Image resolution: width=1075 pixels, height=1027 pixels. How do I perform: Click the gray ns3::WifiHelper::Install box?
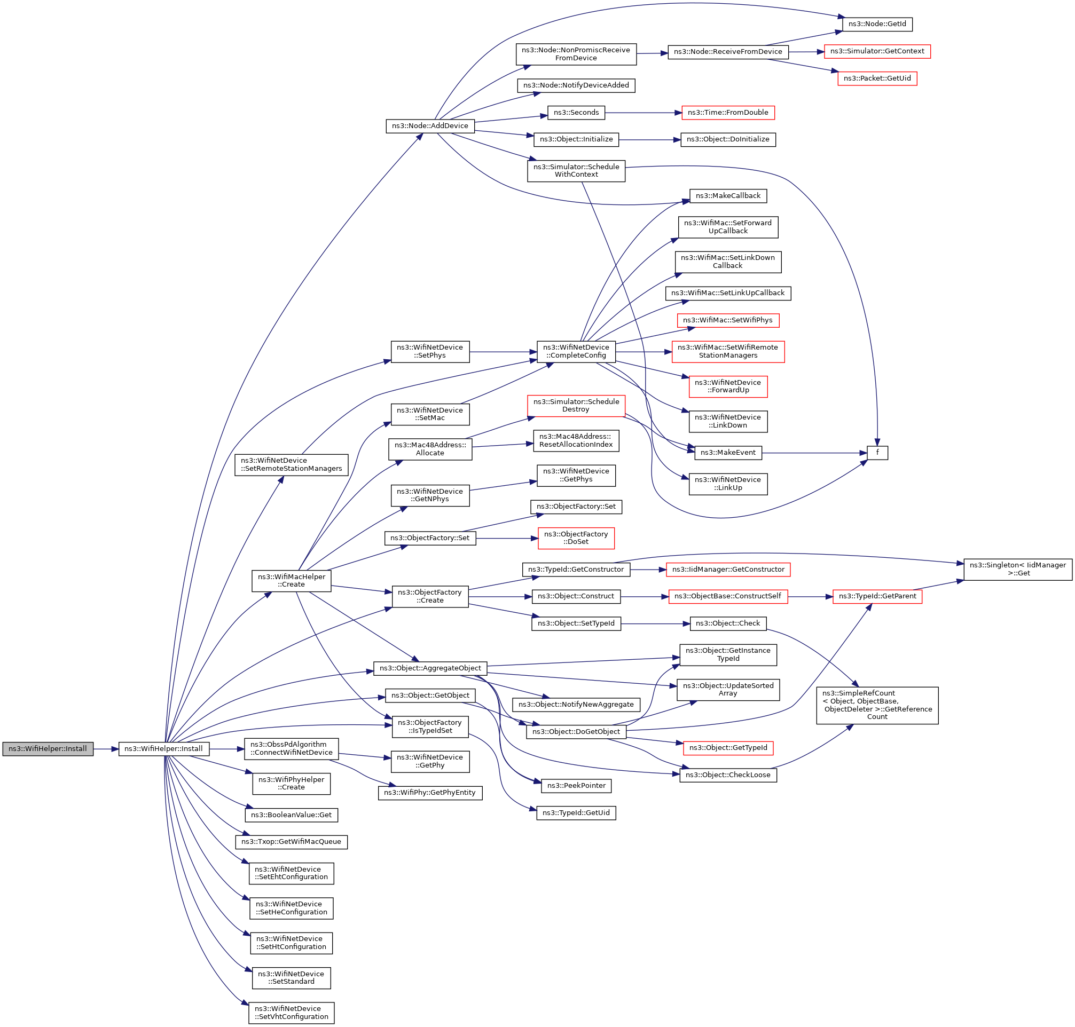[48, 749]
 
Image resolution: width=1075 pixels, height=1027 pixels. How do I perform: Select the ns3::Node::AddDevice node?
[430, 126]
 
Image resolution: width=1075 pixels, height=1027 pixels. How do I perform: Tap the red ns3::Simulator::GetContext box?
[877, 51]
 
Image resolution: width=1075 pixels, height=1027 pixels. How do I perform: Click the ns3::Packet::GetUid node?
[877, 78]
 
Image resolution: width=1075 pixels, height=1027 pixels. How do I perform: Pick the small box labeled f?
[877, 453]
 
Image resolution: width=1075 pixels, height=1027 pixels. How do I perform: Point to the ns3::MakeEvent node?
[728, 453]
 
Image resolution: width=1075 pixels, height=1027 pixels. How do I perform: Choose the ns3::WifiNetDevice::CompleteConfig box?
[576, 351]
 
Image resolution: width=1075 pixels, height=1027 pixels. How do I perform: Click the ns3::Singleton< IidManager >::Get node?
[1017, 570]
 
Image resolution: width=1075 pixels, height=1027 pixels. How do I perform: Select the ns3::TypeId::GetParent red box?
[877, 596]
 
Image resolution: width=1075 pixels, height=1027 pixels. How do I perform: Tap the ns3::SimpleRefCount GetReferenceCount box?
[877, 705]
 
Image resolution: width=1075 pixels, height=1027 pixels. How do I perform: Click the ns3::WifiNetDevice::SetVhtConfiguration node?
[292, 1013]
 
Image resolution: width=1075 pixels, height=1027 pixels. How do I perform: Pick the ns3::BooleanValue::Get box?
[292, 815]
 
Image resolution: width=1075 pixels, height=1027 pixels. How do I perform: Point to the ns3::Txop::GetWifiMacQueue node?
[292, 842]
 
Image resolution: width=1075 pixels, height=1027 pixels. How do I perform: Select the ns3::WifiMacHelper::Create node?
[292, 581]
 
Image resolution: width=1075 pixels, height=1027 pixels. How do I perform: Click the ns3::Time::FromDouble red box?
[728, 113]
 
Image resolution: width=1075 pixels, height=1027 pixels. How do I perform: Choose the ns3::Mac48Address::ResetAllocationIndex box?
[576, 441]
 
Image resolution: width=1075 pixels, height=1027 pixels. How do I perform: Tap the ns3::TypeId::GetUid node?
[576, 813]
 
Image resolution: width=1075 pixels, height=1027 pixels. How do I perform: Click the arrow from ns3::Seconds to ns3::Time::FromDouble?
[643, 113]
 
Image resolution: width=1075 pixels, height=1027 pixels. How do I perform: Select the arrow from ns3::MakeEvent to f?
[814, 453]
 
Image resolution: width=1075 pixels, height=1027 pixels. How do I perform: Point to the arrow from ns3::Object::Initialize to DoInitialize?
[649, 140]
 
